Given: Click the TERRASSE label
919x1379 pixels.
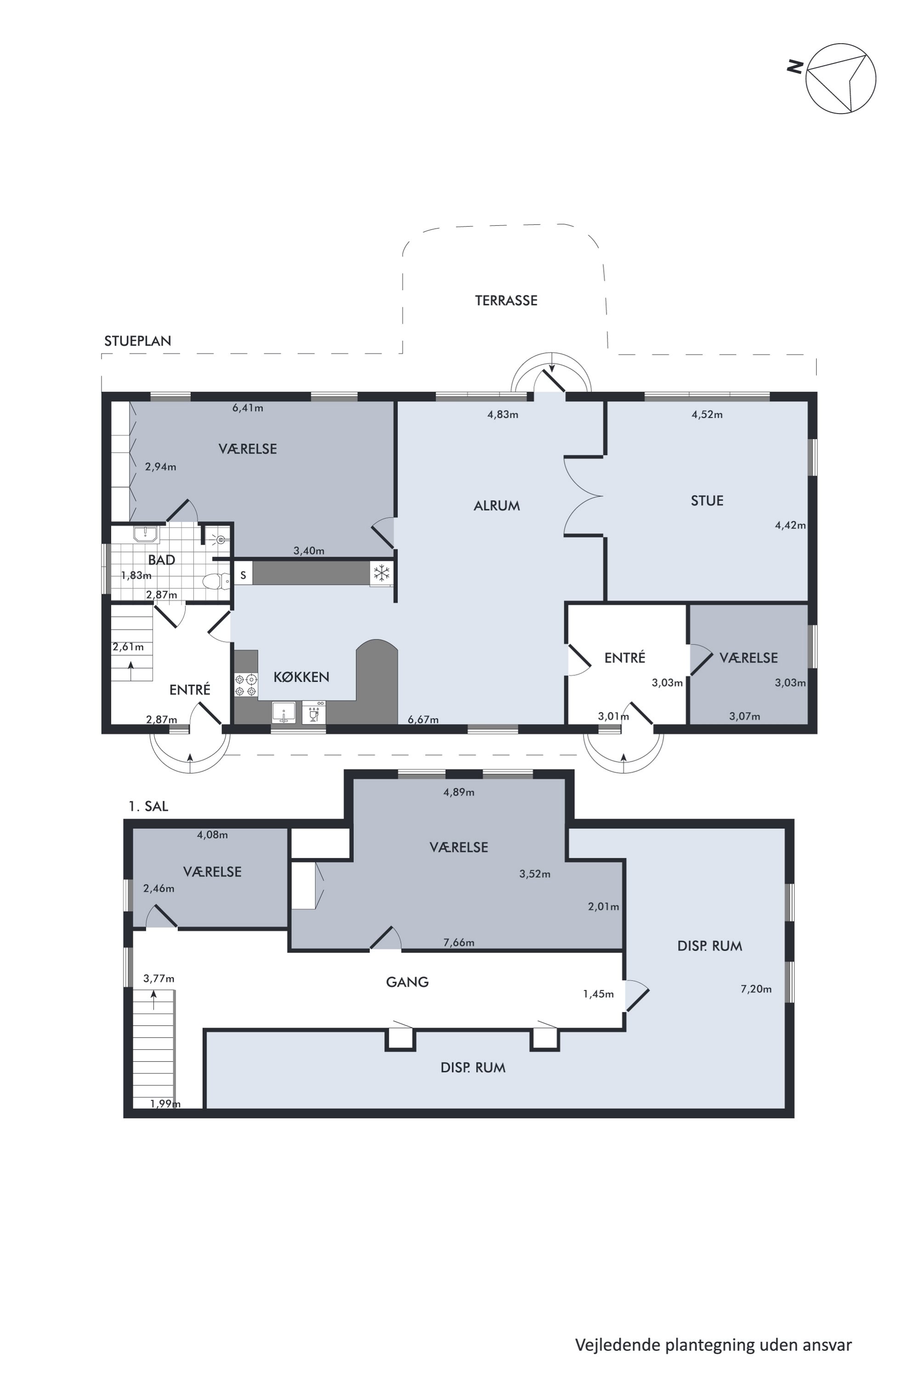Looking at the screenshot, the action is [x=506, y=301].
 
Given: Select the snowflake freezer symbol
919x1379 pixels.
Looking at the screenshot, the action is [x=381, y=573].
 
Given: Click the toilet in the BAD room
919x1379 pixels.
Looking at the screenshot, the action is [x=215, y=581].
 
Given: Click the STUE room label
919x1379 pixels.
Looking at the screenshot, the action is [x=707, y=501].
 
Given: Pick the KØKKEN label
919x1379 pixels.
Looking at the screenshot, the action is [x=301, y=677].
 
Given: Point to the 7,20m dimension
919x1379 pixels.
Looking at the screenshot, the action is [x=756, y=989].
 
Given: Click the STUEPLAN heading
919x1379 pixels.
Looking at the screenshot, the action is [x=138, y=341].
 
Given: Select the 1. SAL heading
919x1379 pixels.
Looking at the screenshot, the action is [x=148, y=807].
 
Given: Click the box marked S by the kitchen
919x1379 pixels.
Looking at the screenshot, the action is [x=243, y=574].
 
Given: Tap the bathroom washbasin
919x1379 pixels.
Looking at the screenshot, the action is [x=145, y=534].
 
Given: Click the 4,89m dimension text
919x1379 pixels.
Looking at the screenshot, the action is [x=459, y=792].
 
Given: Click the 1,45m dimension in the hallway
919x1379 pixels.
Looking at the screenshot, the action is [x=598, y=994].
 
